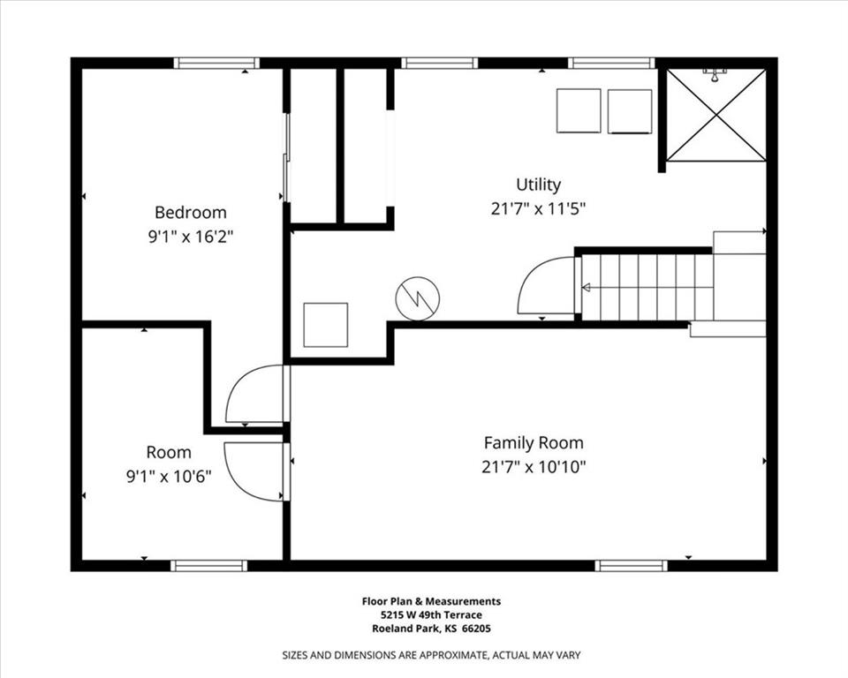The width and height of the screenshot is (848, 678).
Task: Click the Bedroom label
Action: (x=191, y=213)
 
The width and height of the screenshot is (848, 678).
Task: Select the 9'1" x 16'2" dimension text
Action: (x=191, y=237)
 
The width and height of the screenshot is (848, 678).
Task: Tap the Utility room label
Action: (x=538, y=185)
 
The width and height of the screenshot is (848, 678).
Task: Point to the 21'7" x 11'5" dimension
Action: (x=538, y=208)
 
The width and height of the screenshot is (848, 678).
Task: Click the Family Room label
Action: (x=534, y=443)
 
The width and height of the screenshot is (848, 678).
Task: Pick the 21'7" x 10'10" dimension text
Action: (x=534, y=467)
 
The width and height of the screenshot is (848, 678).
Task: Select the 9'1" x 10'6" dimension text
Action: (x=169, y=477)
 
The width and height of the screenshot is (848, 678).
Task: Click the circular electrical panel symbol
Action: (x=418, y=298)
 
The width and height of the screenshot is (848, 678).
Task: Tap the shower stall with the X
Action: (x=716, y=115)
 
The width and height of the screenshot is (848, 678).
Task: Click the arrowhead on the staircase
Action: (x=586, y=288)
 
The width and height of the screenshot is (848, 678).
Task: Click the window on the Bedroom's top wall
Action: (x=216, y=64)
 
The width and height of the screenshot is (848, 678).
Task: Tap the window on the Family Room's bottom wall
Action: (x=631, y=566)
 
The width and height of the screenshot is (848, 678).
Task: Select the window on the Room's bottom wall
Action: (x=208, y=566)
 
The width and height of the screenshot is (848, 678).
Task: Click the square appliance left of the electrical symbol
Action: (x=326, y=325)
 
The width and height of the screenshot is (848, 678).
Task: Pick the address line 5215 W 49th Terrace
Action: (x=431, y=614)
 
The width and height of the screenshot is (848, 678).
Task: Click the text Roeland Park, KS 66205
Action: (x=431, y=629)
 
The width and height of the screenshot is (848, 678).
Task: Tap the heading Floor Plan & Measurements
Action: (x=431, y=601)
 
